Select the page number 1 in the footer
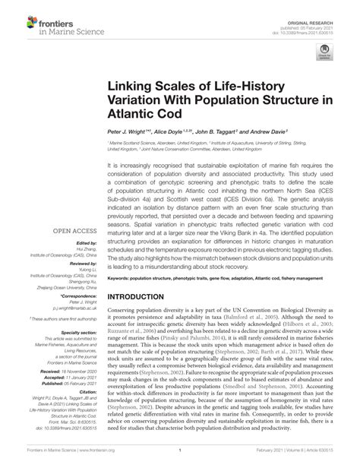point(179,461)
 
